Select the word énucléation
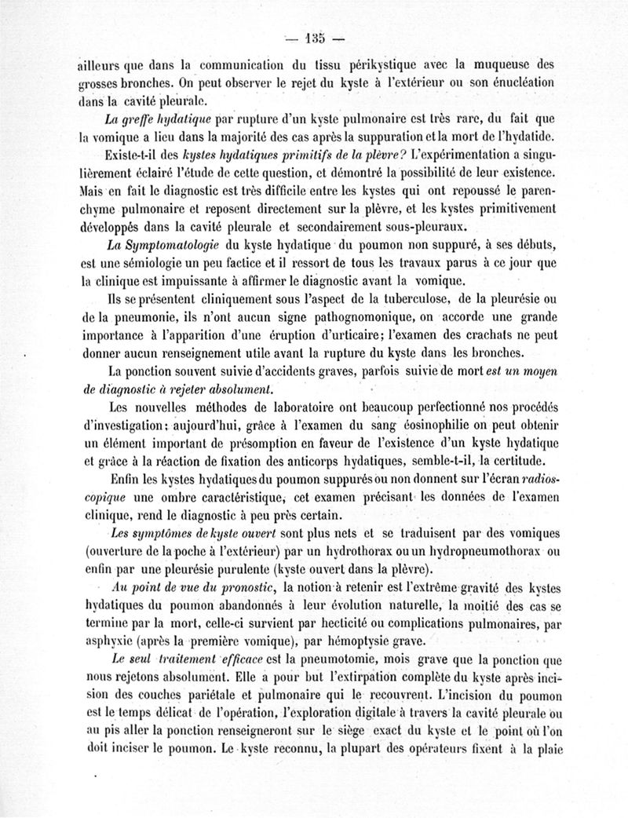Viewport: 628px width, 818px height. click(x=517, y=82)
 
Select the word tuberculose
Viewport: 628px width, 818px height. click(x=414, y=301)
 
